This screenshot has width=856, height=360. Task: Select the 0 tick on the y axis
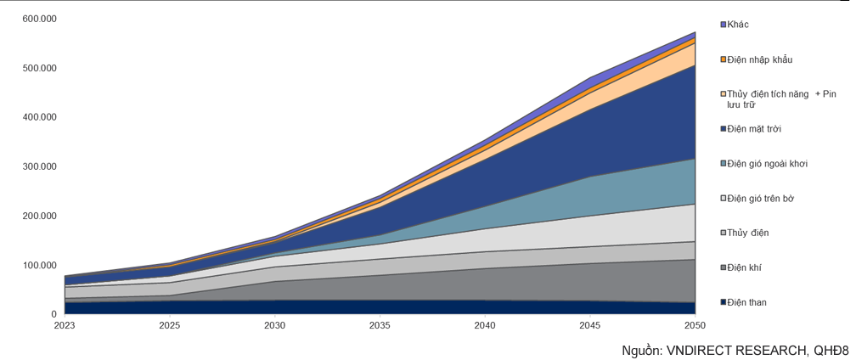(53, 314)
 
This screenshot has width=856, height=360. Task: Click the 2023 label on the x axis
(65, 325)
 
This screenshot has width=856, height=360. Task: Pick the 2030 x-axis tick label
(274, 325)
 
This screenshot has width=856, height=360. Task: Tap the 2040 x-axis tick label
(484, 325)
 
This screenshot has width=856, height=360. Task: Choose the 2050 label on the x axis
(694, 325)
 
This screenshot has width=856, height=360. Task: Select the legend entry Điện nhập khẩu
(759, 59)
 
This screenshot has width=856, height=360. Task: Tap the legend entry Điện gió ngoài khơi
(766, 163)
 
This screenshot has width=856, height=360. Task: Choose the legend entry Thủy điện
(747, 233)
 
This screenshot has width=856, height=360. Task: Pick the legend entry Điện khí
(744, 267)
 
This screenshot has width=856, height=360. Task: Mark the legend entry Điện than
(746, 302)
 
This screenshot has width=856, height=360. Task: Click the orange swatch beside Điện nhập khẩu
(723, 59)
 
